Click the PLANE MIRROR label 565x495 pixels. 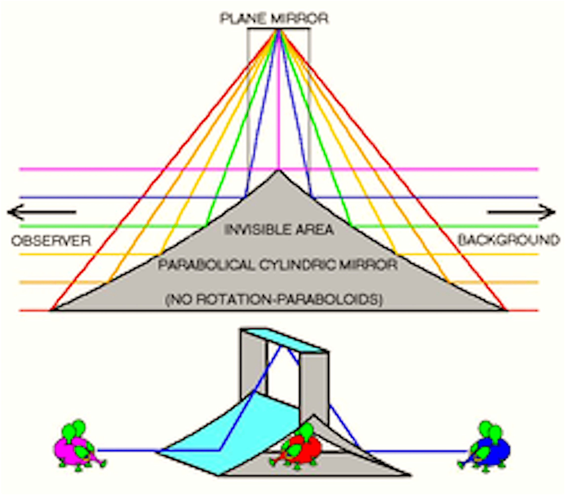pos(274,19)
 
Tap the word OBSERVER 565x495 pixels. pos(51,241)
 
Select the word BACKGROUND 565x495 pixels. pos(509,240)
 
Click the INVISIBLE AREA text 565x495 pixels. pos(279,229)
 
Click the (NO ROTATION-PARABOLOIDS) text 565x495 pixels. pos(274,300)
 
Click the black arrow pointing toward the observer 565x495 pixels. pos(41,212)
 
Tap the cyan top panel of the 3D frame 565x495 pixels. pos(284,340)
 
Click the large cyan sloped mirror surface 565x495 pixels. pos(235,431)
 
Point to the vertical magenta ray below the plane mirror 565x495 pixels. pos(279,110)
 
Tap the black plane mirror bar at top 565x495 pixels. pos(278,28)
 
